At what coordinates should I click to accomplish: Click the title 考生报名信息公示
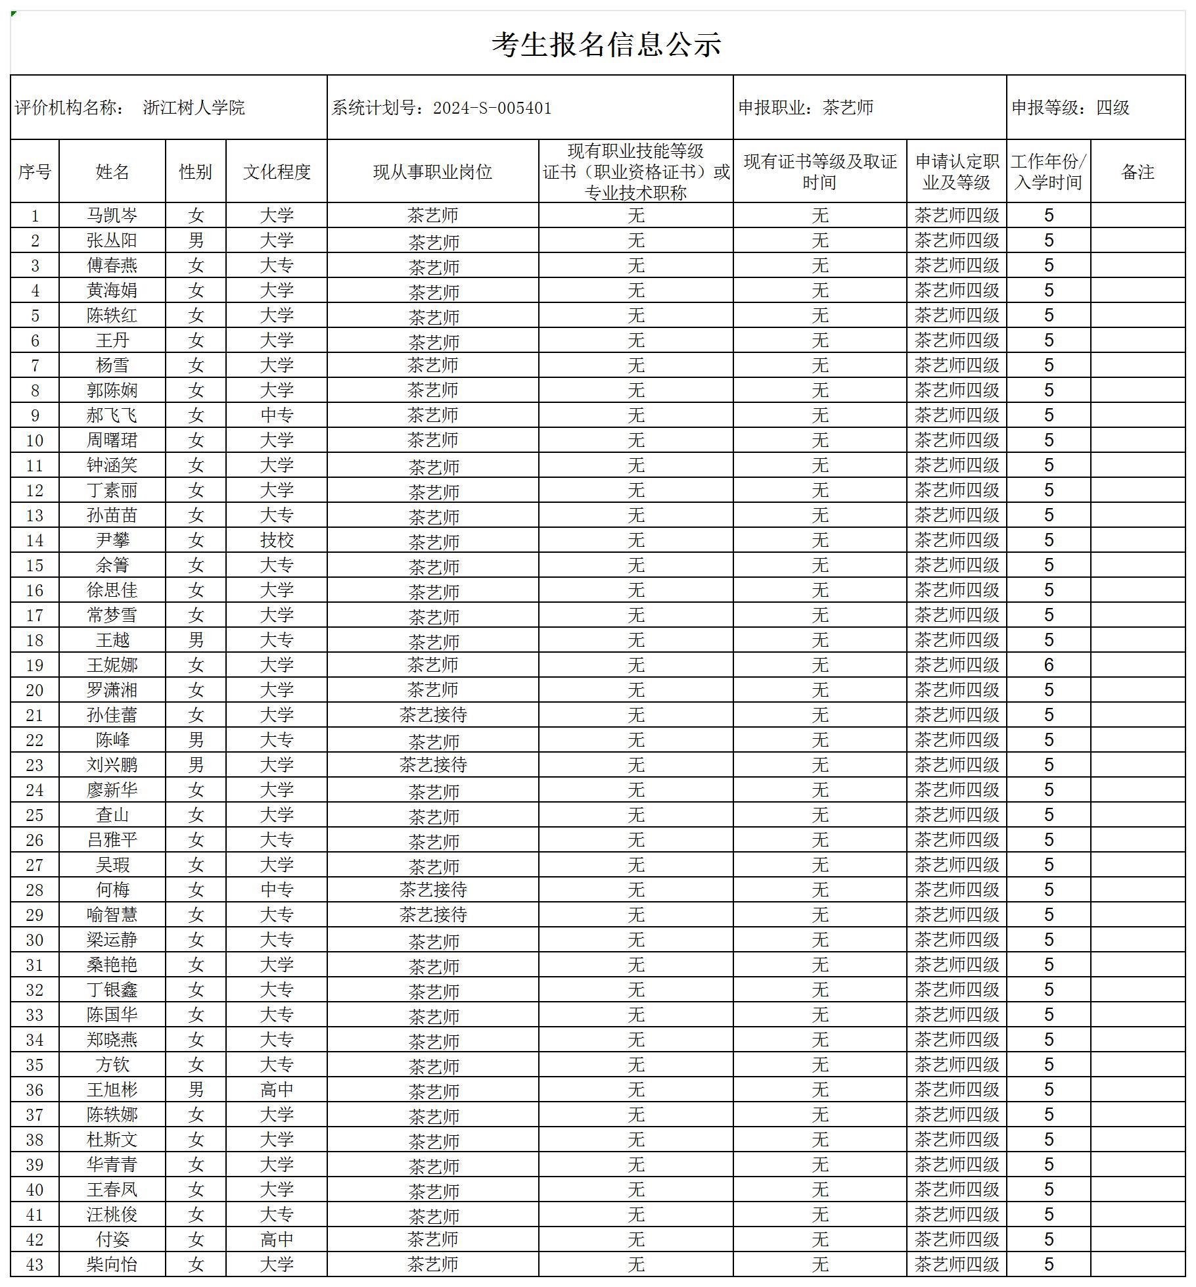coord(607,44)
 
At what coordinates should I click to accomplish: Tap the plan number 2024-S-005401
coord(492,108)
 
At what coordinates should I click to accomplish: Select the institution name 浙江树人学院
coord(194,108)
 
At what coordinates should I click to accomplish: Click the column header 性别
coord(196,172)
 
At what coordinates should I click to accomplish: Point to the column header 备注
coord(1138,172)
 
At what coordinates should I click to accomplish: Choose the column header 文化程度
coord(277,172)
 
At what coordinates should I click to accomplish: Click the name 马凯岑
coord(112,216)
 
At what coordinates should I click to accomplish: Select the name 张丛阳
coord(112,241)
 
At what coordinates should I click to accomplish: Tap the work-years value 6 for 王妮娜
coord(1049,665)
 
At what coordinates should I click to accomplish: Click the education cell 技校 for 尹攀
coord(277,540)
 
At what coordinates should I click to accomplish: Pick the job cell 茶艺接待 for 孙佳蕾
coord(433,715)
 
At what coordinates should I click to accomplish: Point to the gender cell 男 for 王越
coord(196,640)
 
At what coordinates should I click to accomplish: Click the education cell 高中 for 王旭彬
coord(277,1090)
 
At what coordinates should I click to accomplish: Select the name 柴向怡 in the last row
coord(112,1265)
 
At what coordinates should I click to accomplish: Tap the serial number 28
coord(35,890)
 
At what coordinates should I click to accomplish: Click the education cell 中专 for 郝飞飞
coord(277,415)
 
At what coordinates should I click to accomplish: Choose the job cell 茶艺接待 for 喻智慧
coord(433,915)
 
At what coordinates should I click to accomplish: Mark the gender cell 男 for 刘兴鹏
coord(196,765)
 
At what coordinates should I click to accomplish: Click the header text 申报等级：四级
coord(1070,108)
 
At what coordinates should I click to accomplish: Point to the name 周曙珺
coord(112,440)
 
